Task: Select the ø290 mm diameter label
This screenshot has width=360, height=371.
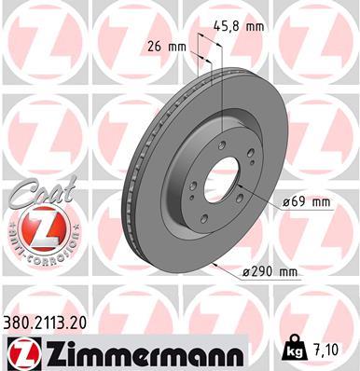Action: (x=270, y=271)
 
